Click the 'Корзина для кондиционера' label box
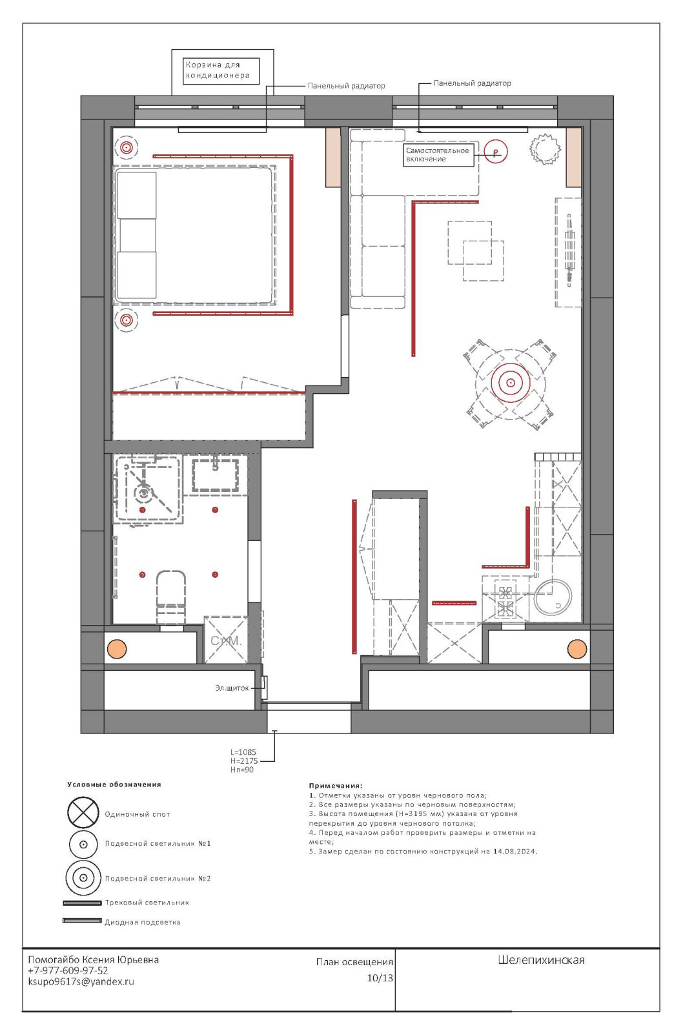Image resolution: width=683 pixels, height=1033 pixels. [221, 70]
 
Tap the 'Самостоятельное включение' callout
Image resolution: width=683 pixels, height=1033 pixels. [438, 155]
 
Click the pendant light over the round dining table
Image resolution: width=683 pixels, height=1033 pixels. [511, 383]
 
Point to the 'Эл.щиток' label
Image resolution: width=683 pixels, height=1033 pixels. [232, 688]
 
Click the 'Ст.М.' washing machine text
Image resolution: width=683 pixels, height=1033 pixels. [226, 640]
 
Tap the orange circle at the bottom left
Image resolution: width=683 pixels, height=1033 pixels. [117, 649]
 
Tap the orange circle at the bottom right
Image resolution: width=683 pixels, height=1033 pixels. [577, 649]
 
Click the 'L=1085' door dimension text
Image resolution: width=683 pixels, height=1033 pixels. [243, 752]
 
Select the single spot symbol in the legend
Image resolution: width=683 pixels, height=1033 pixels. [83, 813]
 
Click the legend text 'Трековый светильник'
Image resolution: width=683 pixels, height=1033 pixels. [147, 903]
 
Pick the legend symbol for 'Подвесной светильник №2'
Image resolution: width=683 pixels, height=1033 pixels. [83, 878]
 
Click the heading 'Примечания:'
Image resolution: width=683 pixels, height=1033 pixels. [336, 786]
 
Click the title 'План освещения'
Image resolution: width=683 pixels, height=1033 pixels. [354, 962]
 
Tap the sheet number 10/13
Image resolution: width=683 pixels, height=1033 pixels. [380, 977]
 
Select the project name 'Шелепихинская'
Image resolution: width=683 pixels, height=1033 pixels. [541, 960]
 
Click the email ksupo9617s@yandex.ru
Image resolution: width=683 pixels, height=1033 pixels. [81, 981]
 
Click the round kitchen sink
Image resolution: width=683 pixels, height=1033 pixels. [553, 597]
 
